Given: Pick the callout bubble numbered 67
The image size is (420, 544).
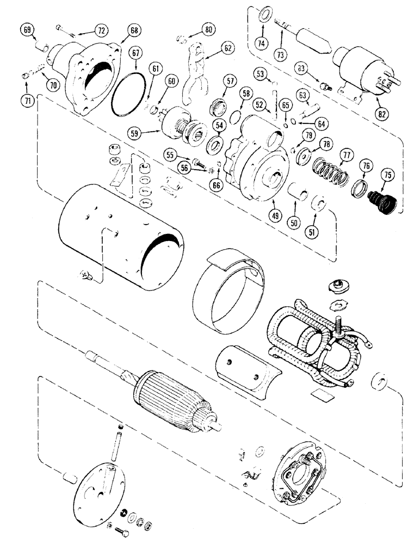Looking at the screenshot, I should click(x=136, y=52).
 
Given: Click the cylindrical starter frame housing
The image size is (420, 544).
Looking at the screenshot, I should click(x=122, y=231).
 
